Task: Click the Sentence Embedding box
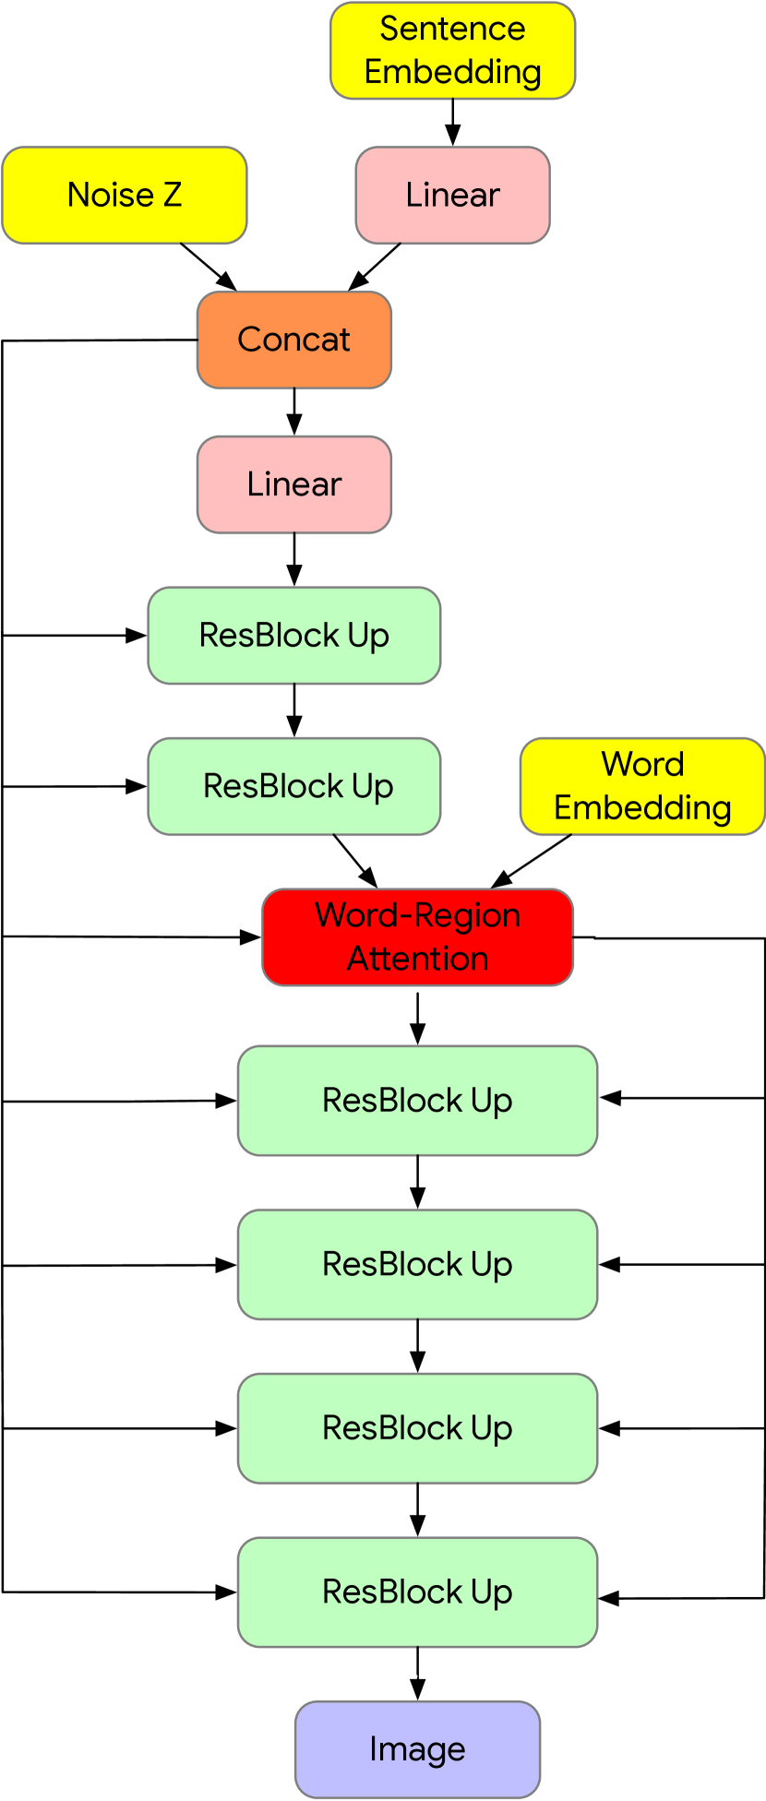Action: pyautogui.click(x=452, y=51)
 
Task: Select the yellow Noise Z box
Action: pyautogui.click(x=125, y=196)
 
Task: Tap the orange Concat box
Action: pyautogui.click(x=293, y=340)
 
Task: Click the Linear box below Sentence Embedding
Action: pyautogui.click(x=452, y=196)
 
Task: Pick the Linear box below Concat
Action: pyautogui.click(x=293, y=484)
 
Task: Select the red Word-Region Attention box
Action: pyautogui.click(x=417, y=937)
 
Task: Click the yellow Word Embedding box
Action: pyautogui.click(x=642, y=786)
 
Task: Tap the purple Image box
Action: pyautogui.click(x=417, y=1749)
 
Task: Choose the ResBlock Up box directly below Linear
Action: pyautogui.click(x=293, y=636)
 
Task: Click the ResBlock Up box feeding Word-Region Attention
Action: pyautogui.click(x=293, y=786)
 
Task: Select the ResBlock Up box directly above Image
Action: pyautogui.click(x=417, y=1592)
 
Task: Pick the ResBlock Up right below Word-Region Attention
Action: pyautogui.click(x=417, y=1100)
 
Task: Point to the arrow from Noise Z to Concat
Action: pyautogui.click(x=209, y=267)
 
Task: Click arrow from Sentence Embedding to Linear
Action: pyautogui.click(x=452, y=122)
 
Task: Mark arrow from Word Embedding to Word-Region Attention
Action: pyautogui.click(x=533, y=861)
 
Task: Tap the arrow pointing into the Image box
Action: pyautogui.click(x=417, y=1674)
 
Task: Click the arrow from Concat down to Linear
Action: pyautogui.click(x=293, y=411)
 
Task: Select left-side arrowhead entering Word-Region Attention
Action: pyautogui.click(x=251, y=937)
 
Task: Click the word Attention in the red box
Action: pyautogui.click(x=417, y=960)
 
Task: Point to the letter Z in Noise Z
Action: pyautogui.click(x=172, y=196)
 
